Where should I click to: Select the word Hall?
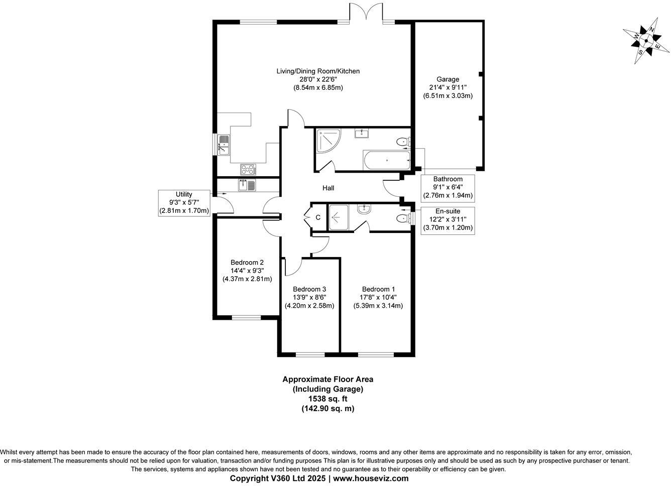tap(328, 188)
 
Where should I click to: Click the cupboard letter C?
tap(318, 217)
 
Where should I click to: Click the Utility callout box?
tap(184, 202)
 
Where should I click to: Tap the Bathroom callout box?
tap(448, 187)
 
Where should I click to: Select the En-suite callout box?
tap(448, 219)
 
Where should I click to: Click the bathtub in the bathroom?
tap(386, 161)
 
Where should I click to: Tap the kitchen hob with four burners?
tap(248, 169)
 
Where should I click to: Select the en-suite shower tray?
tap(341, 217)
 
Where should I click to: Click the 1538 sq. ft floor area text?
tap(327, 399)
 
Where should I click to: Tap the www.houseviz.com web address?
tap(371, 478)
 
